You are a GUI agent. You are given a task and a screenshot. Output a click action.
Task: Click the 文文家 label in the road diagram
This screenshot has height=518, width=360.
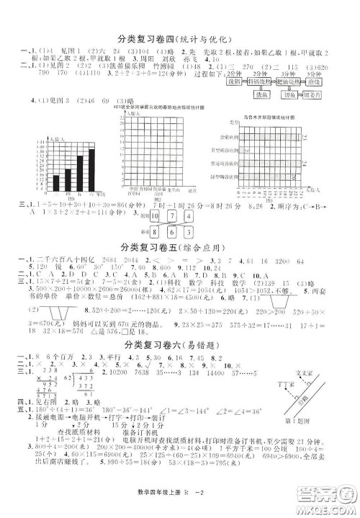[306, 372]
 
